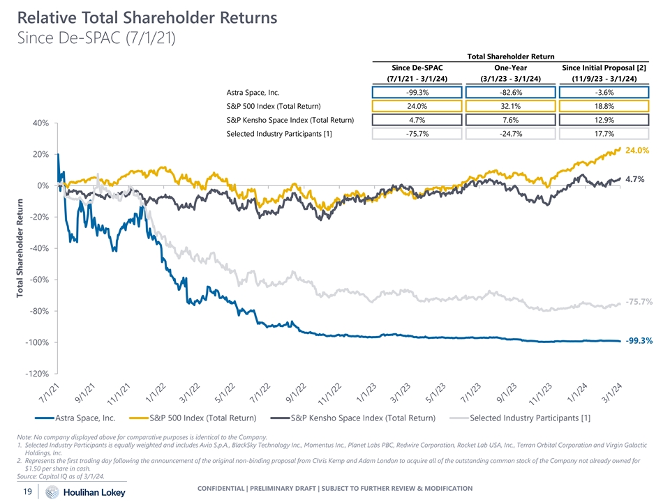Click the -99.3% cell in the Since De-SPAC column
coord(416,92)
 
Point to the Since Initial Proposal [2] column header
coord(600,66)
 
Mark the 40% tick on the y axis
coord(40,123)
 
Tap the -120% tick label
coord(37,374)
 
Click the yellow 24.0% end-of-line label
coord(637,150)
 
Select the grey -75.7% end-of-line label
coord(639,302)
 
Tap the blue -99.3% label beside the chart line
coord(639,341)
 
